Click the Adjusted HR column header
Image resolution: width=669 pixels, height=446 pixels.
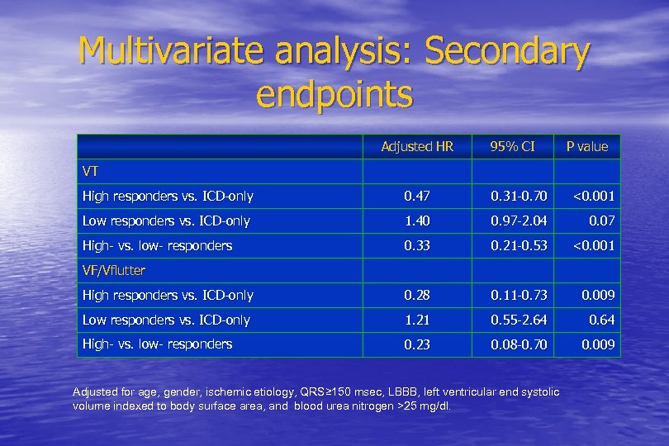click(x=417, y=147)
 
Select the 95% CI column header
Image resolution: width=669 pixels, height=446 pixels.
click(x=512, y=147)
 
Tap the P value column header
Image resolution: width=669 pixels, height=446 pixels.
click(x=586, y=147)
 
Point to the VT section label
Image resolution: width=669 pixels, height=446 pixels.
click(x=91, y=171)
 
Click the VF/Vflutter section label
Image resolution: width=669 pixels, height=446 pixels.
click(x=114, y=270)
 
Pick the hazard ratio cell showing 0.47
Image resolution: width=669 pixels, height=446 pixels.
click(x=417, y=197)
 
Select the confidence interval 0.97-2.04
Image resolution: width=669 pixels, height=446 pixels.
click(x=519, y=221)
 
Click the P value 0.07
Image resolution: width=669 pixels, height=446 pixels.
click(x=600, y=221)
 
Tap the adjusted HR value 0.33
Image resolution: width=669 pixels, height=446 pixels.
click(x=417, y=246)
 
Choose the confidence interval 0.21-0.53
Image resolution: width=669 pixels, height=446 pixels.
click(x=519, y=246)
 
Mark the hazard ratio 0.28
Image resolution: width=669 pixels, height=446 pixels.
click(x=417, y=296)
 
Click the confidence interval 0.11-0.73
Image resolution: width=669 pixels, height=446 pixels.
click(x=519, y=296)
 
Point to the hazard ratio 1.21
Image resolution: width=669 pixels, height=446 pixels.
click(x=417, y=320)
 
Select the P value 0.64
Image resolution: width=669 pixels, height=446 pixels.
click(x=600, y=320)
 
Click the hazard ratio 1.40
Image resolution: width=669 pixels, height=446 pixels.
click(x=417, y=221)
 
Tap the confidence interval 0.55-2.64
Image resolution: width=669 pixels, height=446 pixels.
click(x=519, y=320)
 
